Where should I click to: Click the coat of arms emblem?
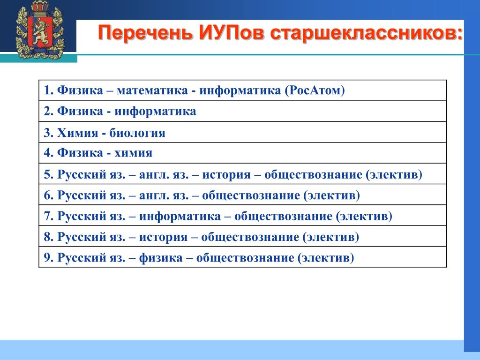tap(40, 30)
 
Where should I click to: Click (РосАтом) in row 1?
tap(315, 90)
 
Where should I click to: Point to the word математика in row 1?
tap(152, 90)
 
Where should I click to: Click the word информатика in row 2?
tap(155, 112)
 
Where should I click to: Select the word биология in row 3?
tap(137, 133)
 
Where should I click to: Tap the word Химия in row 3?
tap(77, 133)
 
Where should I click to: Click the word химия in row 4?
tap(133, 153)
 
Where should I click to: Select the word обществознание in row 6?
tap(251, 195)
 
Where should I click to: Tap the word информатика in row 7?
tap(180, 217)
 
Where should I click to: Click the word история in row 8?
tap(163, 237)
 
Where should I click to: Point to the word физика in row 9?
tap(161, 258)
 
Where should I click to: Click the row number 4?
tap(49, 153)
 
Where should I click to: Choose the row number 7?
tap(49, 216)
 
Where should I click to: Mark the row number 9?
tap(49, 258)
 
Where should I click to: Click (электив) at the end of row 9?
tap(326, 258)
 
